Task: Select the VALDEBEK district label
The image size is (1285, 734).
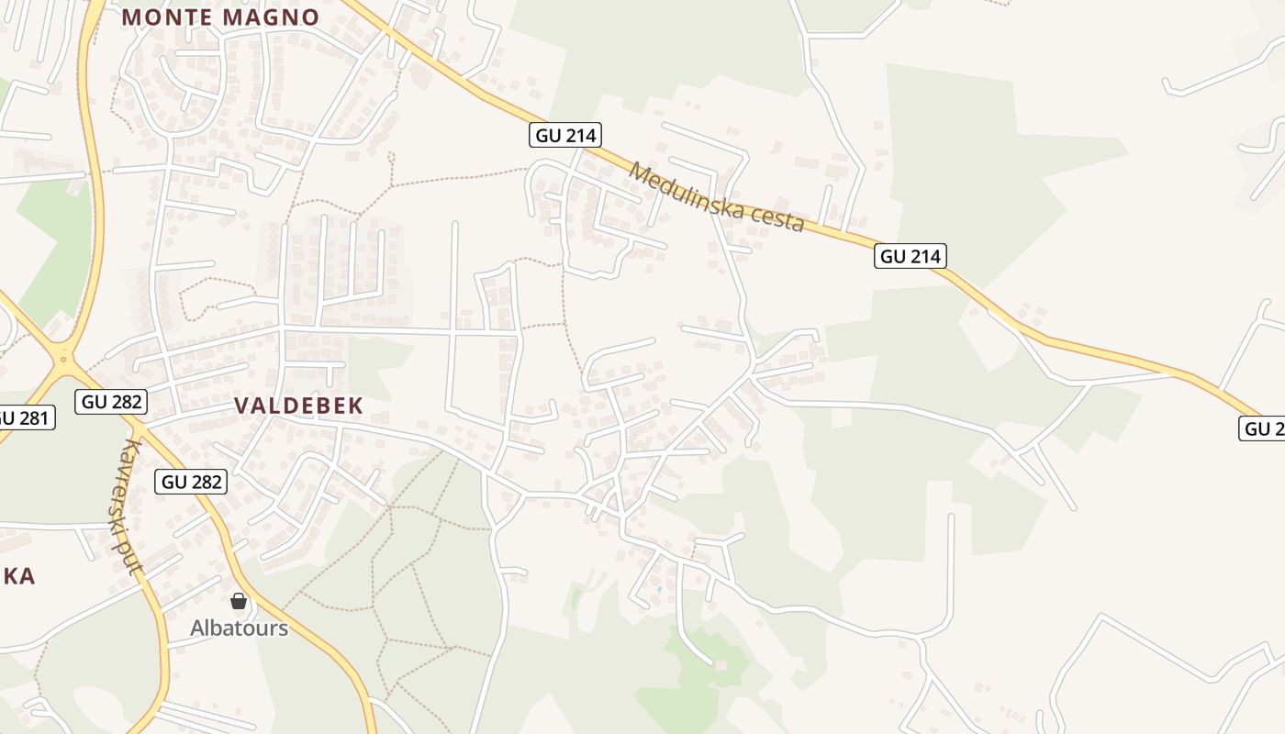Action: coord(298,406)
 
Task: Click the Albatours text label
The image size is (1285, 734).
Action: coord(239,628)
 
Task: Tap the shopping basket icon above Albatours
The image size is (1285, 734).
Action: coord(239,601)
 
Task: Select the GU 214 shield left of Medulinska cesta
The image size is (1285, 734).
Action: coord(565,136)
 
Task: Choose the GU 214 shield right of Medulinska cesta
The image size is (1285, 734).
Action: coord(911,256)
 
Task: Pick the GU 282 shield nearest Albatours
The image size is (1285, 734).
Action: coord(190,481)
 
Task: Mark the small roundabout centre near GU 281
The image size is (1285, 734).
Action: coord(63,359)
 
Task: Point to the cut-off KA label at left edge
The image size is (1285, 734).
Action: coord(17,576)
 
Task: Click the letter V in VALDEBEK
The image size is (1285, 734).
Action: coord(242,406)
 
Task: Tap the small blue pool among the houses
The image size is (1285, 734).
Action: coord(659,588)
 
